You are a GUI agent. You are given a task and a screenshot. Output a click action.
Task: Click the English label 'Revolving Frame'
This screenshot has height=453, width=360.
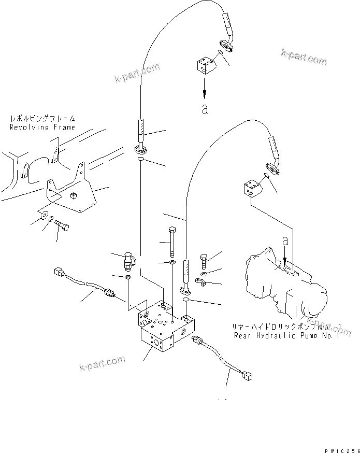click(x=42, y=127)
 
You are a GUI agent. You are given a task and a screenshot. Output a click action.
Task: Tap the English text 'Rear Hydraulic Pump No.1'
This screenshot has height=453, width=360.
click(x=285, y=335)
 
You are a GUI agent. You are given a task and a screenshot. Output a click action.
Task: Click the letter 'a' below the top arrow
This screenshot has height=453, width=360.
click(x=205, y=109)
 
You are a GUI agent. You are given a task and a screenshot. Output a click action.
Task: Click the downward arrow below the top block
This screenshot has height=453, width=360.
click(x=206, y=88)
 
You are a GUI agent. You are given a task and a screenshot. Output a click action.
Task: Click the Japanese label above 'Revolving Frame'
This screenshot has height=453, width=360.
click(x=42, y=119)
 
